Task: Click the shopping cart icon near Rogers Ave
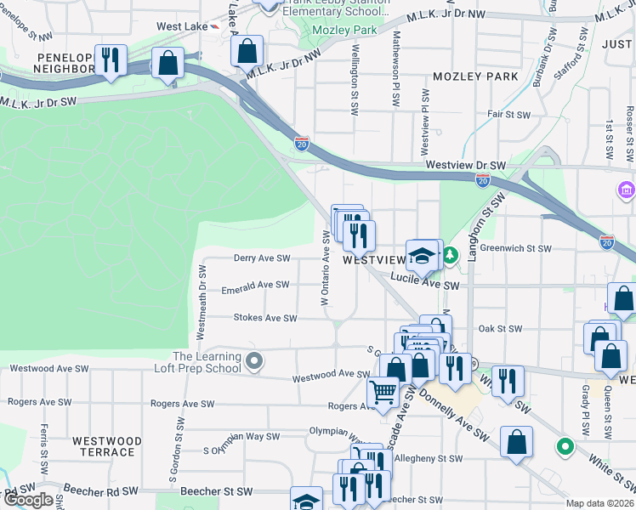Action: [x=383, y=392]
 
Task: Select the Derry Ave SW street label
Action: [x=263, y=258]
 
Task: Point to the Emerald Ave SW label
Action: [x=256, y=286]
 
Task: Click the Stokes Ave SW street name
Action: [x=265, y=318]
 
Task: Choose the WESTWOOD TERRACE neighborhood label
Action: [x=107, y=446]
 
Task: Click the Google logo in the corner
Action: [x=28, y=500]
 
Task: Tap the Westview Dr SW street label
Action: [x=465, y=165]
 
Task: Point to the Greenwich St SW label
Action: [x=515, y=249]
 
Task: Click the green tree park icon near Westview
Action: [x=451, y=253]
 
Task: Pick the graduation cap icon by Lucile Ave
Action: [x=421, y=254]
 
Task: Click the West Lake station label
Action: [x=182, y=27]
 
